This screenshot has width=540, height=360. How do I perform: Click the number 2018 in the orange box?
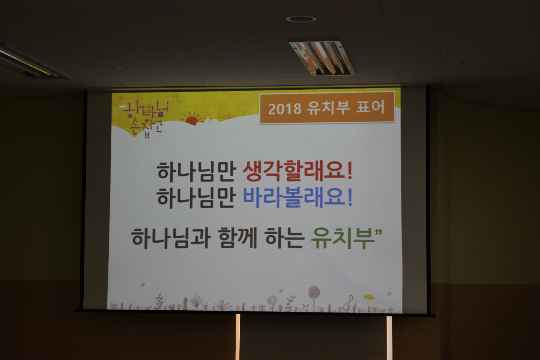[x=285, y=109]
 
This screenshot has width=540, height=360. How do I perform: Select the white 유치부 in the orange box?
[x=328, y=108]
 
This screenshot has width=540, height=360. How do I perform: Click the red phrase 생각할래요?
[x=297, y=171]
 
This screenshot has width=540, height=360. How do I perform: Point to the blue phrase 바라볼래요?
[x=297, y=198]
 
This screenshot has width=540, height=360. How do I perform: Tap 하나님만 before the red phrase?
[x=196, y=172]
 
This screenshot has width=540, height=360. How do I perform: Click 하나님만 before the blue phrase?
[x=196, y=198]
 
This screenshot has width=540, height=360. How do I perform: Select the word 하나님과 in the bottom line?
[x=171, y=238]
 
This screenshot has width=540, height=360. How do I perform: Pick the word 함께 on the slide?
[x=238, y=238]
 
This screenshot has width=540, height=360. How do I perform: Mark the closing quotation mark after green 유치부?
[x=378, y=233]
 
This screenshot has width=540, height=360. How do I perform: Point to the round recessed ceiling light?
[x=301, y=19]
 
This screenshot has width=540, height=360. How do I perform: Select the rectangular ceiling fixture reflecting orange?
[x=322, y=57]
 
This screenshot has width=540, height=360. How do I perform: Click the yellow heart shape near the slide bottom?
[x=369, y=297]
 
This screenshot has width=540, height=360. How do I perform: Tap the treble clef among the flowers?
[x=349, y=303]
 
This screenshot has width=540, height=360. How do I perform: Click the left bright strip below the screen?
[x=238, y=337]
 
